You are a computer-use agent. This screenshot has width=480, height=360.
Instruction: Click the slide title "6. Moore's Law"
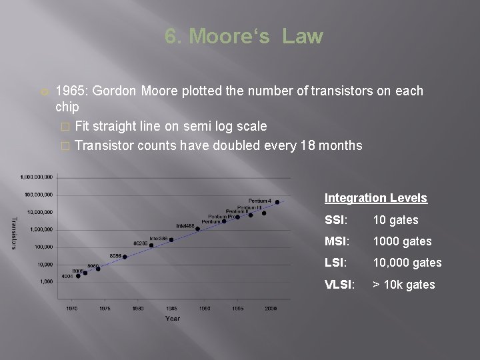coord(243,36)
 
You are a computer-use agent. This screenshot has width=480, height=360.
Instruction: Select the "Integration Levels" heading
coord(376,198)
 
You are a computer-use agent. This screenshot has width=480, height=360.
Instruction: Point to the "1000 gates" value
coord(402,241)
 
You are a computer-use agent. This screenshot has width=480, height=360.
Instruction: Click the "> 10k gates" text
coord(404,285)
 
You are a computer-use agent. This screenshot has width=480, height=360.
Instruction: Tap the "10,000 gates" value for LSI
coord(407,263)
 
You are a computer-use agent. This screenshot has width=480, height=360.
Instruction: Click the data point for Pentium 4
coord(277,202)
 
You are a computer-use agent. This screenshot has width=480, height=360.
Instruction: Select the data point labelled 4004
coord(79,276)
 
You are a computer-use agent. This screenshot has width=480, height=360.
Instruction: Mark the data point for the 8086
coord(115,258)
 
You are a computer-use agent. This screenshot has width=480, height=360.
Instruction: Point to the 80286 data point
coord(151,245)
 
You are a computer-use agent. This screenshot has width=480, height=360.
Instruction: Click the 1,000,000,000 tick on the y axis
coord(36,177)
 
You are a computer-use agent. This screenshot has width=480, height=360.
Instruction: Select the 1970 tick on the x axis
coord(71,308)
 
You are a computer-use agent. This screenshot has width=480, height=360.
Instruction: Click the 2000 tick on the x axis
coord(271,308)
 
